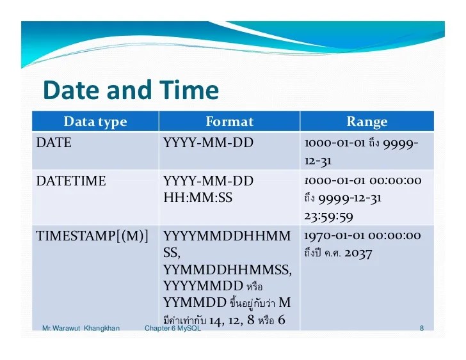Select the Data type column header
point(95,121)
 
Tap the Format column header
point(229,121)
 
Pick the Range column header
point(367,121)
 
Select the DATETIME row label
point(71,181)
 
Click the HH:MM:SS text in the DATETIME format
point(198,198)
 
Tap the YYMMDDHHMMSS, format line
point(227,269)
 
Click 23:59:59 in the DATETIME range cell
point(328,215)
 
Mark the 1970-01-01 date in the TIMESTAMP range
point(333,236)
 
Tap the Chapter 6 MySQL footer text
point(173,329)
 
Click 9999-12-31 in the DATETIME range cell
point(349,198)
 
